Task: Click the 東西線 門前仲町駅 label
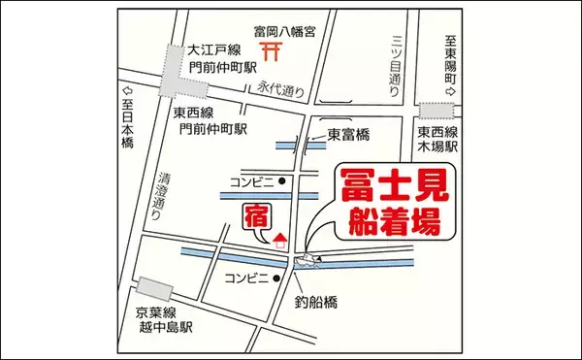point(211,121)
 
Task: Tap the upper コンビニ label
point(251,181)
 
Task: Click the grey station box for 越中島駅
point(153,289)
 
